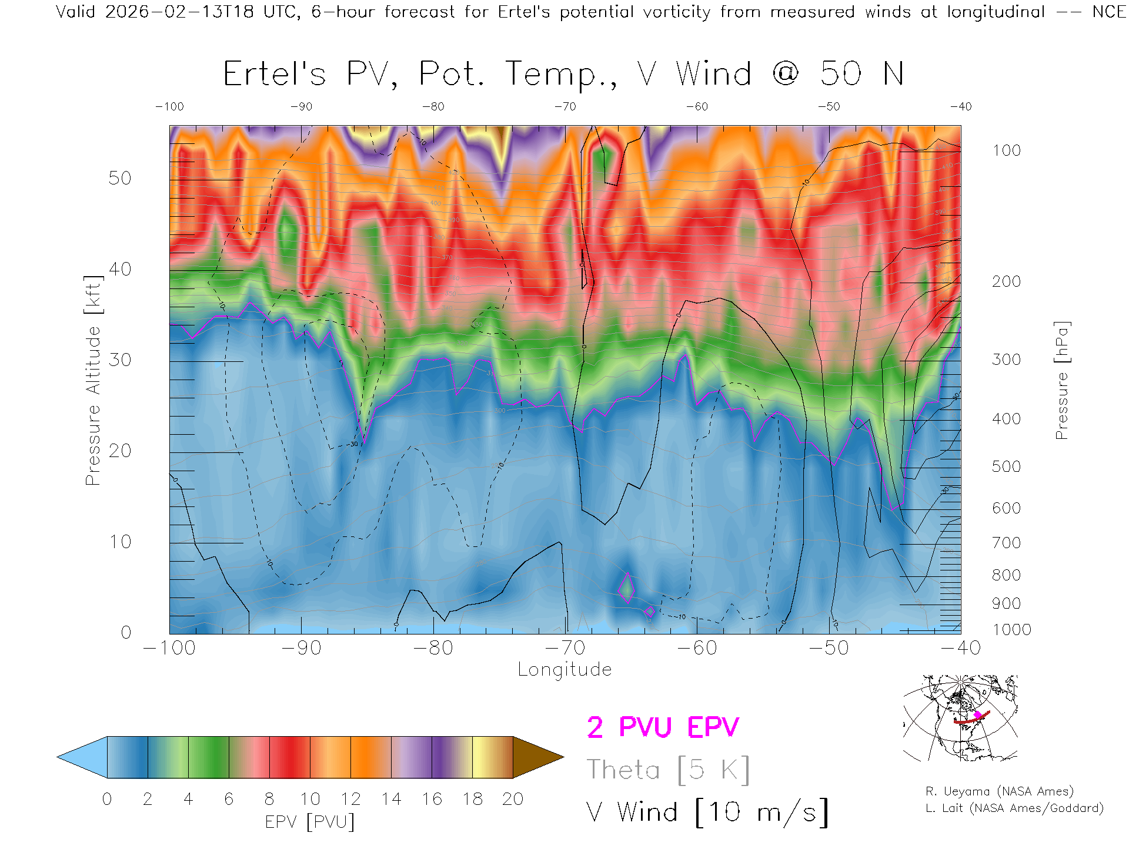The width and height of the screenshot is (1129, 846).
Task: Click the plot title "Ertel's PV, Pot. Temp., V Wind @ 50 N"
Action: (x=563, y=74)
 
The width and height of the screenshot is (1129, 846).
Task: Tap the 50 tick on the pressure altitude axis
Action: (x=120, y=178)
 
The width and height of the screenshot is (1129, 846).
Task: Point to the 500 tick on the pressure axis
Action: (x=1007, y=466)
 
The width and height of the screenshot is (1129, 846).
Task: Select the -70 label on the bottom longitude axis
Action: (x=565, y=648)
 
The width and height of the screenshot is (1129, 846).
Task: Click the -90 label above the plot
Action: (x=301, y=107)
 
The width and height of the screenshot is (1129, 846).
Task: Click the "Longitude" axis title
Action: (x=564, y=670)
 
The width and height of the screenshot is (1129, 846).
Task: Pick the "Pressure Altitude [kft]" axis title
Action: (x=93, y=380)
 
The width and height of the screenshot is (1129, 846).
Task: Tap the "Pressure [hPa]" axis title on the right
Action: (x=1062, y=380)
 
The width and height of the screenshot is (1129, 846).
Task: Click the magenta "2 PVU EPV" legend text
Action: (x=663, y=727)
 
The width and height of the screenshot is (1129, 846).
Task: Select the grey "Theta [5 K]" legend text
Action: (x=668, y=770)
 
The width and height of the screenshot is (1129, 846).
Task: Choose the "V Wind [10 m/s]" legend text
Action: (x=707, y=813)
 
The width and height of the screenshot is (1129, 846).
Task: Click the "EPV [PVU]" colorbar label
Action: (x=309, y=822)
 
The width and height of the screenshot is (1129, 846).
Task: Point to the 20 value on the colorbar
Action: (x=513, y=799)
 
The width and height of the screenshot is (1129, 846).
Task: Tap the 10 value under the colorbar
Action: (x=310, y=799)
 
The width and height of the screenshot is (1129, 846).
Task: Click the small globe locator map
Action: (x=960, y=718)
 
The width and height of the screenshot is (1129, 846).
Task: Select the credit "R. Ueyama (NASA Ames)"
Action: (x=1000, y=791)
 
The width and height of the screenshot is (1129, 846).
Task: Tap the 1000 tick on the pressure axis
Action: (x=1011, y=630)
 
